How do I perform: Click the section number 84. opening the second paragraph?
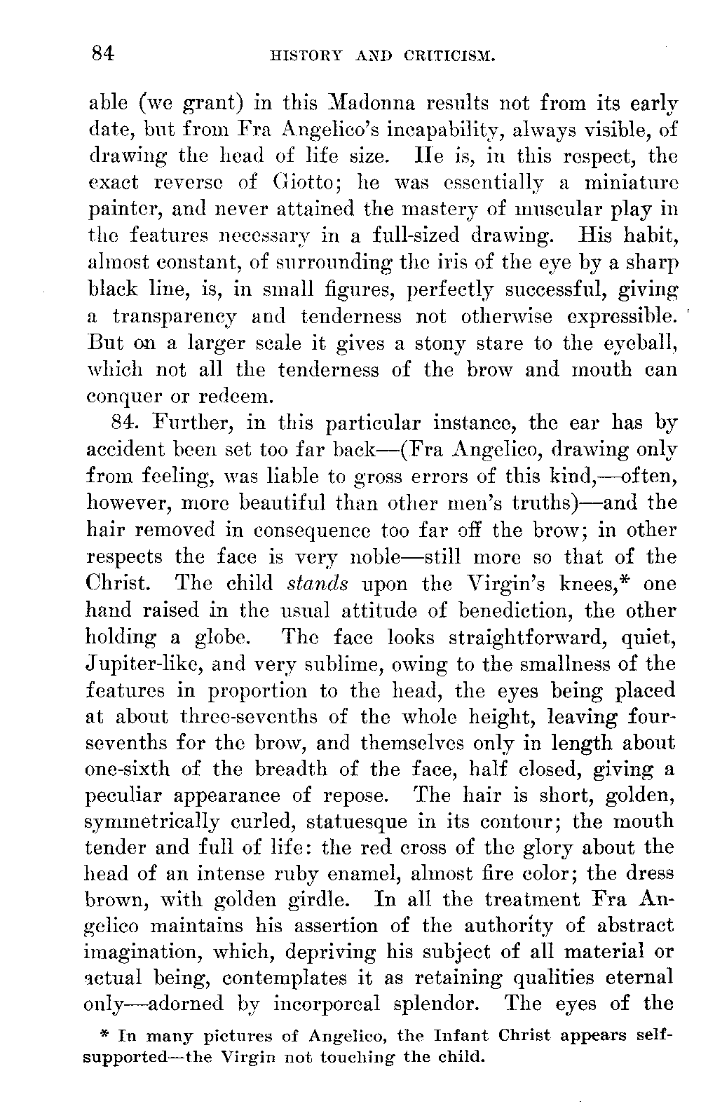click(125, 423)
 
